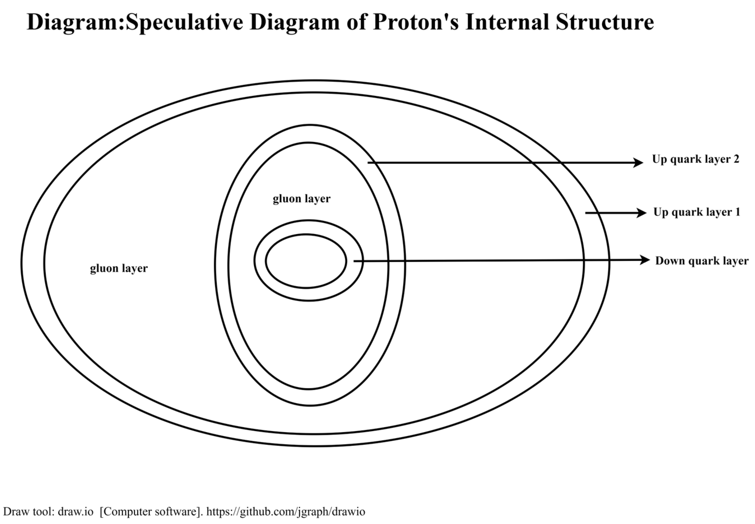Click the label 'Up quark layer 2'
695,159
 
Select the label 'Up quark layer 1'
696,212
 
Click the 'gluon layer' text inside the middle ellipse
301,199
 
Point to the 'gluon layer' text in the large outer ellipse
119,268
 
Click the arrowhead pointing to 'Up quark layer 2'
638,163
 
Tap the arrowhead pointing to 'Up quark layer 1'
641,213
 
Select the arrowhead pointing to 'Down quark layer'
645,260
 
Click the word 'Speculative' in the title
184,22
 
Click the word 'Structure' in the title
605,22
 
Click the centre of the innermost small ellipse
306,261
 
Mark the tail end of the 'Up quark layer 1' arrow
586,213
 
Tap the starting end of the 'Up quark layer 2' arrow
368,163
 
